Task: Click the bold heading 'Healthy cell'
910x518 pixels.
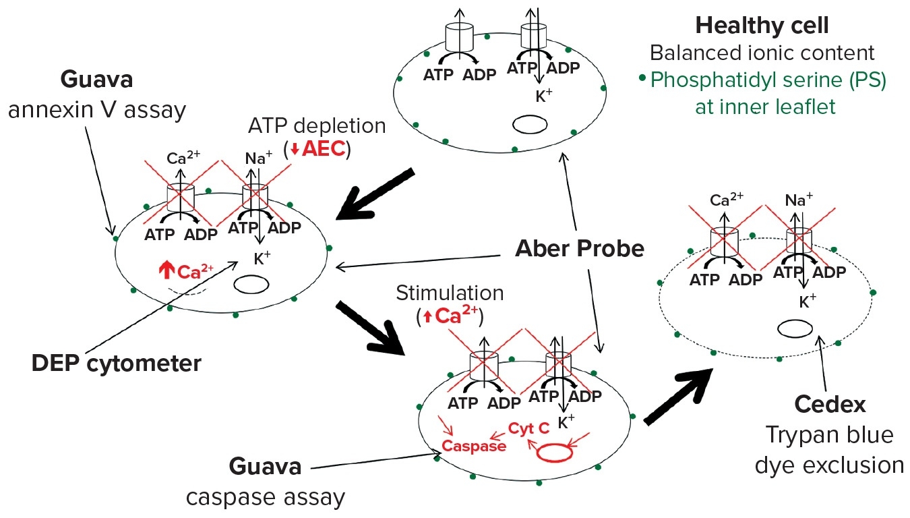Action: (x=762, y=26)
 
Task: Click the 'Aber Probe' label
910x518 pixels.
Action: (x=580, y=248)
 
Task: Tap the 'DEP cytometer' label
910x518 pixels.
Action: (x=116, y=364)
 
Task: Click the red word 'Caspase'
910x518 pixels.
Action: (x=473, y=446)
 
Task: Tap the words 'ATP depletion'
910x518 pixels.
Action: (x=316, y=125)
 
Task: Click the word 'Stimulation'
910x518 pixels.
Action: (x=450, y=293)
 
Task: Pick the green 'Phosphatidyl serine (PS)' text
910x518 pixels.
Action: (x=768, y=80)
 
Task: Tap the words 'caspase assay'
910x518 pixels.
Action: (x=265, y=497)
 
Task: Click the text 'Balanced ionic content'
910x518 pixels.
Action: (x=762, y=53)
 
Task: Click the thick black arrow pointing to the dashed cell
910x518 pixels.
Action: (x=678, y=397)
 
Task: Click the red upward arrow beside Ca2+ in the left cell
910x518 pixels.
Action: (x=166, y=270)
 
